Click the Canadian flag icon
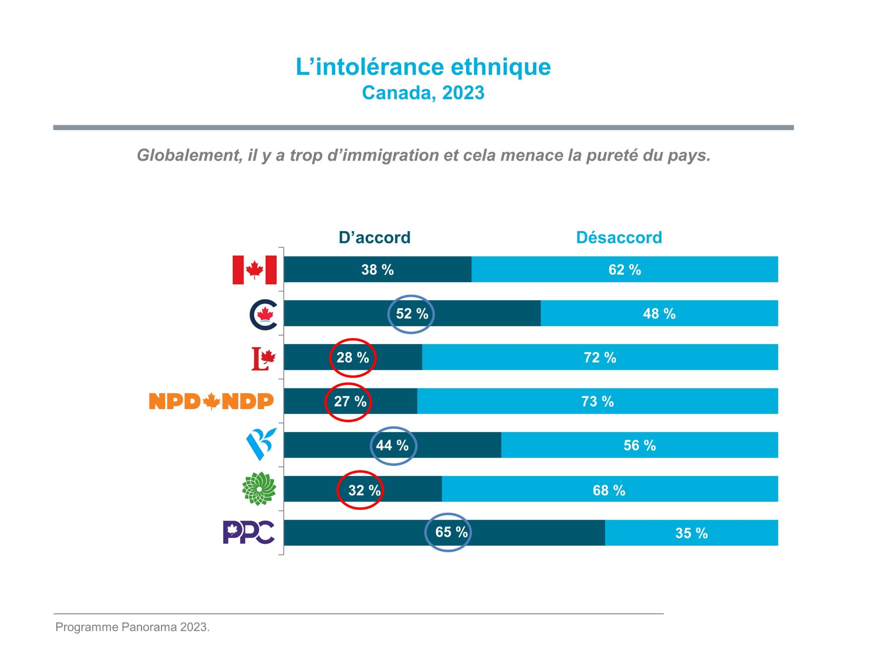254,270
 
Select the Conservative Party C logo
263,314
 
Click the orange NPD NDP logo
211,401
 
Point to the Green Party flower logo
259,489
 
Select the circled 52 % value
412,314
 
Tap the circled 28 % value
352,358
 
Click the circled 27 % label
350,402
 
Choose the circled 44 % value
392,445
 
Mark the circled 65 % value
451,532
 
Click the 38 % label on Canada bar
377,270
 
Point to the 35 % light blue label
691,533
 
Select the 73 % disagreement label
597,402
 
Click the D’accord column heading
374,237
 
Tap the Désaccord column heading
619,237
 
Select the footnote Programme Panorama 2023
132,627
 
